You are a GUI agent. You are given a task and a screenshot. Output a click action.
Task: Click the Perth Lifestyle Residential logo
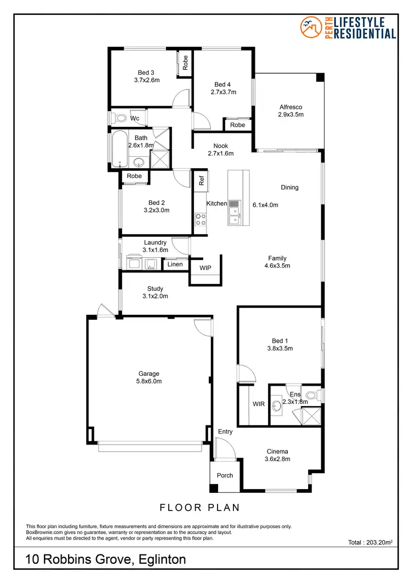[348, 27]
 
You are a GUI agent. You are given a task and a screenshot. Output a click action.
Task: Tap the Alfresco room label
[291, 107]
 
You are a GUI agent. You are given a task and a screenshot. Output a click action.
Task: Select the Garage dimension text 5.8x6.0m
[149, 381]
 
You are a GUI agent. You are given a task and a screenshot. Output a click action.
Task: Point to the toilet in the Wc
[119, 118]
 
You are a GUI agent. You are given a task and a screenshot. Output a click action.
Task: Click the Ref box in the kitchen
[201, 179]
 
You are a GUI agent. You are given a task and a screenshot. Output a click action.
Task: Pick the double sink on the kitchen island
[234, 213]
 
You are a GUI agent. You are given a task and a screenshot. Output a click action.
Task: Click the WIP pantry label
[205, 268]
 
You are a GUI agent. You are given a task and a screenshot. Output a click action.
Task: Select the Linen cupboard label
[175, 264]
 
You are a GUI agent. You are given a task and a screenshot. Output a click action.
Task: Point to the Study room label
[155, 289]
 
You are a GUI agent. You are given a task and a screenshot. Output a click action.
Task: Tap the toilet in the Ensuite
[312, 395]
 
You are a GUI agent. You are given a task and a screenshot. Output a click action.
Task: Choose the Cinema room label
[277, 452]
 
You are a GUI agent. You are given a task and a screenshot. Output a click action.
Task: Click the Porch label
[225, 475]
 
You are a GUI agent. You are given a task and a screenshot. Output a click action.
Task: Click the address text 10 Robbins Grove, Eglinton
[105, 560]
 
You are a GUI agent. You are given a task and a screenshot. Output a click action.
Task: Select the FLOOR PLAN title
[199, 507]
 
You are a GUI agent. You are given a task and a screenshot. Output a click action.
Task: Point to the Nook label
[221, 146]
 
